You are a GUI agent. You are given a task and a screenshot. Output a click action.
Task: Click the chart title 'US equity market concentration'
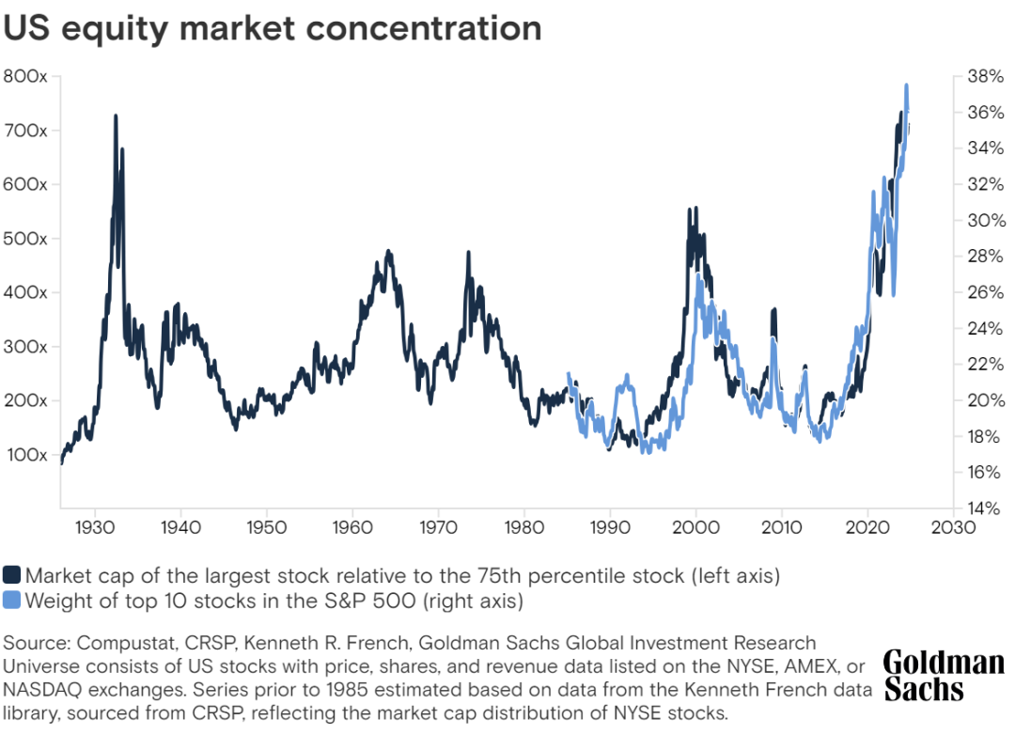273,27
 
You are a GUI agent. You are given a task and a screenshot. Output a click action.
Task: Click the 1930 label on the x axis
93,526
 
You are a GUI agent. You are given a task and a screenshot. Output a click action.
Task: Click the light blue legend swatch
12,600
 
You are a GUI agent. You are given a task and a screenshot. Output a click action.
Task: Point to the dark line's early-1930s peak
116,116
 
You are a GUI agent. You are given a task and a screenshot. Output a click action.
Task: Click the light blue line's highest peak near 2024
906,85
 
